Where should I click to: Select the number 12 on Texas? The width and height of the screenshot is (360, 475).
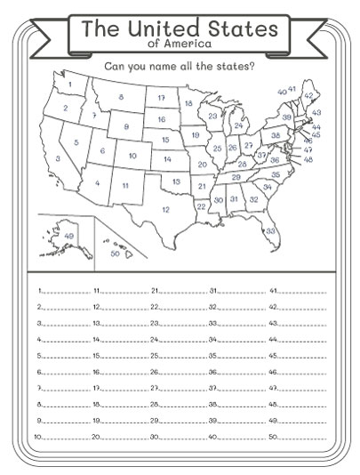(x=165, y=210)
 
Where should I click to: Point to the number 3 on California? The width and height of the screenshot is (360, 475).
(x=58, y=159)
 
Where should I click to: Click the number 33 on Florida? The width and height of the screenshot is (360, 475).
(x=270, y=230)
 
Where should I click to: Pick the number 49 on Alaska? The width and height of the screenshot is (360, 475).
(x=69, y=236)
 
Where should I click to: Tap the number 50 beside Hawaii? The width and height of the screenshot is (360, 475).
(x=115, y=254)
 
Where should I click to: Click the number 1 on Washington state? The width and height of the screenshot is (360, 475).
(x=69, y=85)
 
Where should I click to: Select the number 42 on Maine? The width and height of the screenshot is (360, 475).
(x=308, y=95)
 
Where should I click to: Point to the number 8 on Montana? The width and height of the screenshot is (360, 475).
(x=121, y=97)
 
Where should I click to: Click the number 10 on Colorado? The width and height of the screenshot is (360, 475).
(x=132, y=156)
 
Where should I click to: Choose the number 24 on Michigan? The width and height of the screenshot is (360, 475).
(x=238, y=126)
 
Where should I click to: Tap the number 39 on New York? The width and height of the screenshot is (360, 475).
(x=287, y=117)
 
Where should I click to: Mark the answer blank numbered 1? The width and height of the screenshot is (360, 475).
(x=64, y=291)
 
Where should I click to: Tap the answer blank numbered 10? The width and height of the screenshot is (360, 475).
(x=64, y=437)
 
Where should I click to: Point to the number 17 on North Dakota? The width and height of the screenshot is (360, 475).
(x=161, y=98)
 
